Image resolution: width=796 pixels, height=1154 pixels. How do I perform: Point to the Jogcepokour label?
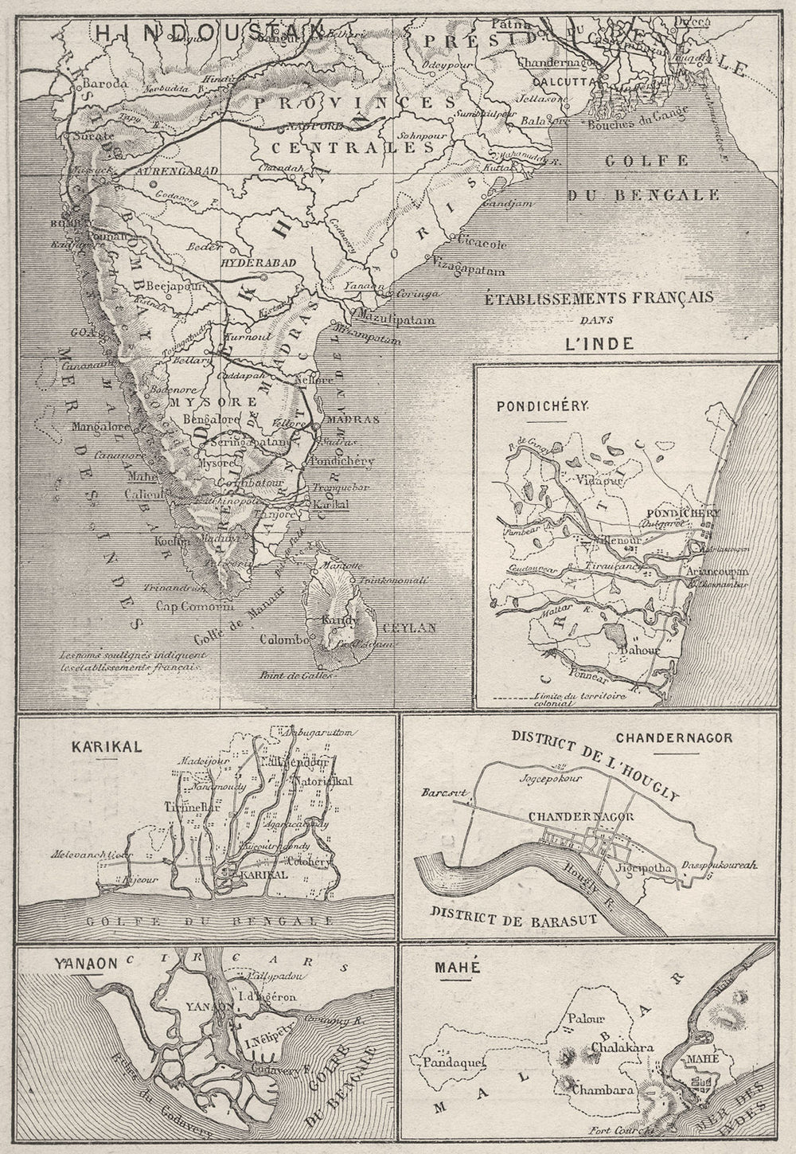[x=547, y=780]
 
